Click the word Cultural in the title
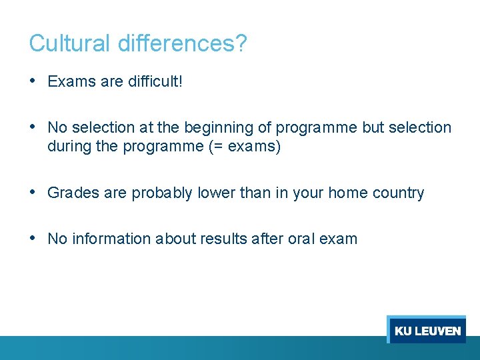pos(71,44)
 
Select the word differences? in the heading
pos(183,44)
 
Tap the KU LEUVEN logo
pos(427,331)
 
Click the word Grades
pos(73,193)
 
